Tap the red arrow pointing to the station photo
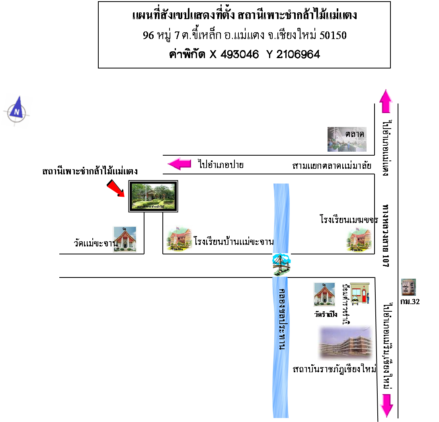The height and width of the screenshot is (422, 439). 116,188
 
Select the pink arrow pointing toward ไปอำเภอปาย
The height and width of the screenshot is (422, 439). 180,164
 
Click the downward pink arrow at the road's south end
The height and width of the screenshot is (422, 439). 386,405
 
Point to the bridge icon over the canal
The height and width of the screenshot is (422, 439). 281,264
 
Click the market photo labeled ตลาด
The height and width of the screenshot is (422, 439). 346,139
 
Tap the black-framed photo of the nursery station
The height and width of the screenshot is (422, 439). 153,196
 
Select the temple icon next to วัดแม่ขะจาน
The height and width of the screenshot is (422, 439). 125,239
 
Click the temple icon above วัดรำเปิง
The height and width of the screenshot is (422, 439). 324,295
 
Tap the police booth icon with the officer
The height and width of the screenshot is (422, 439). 360,294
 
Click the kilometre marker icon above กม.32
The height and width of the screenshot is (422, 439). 409,287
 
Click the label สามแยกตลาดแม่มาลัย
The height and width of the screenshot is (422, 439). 332,166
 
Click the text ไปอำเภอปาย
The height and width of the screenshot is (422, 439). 221,164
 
